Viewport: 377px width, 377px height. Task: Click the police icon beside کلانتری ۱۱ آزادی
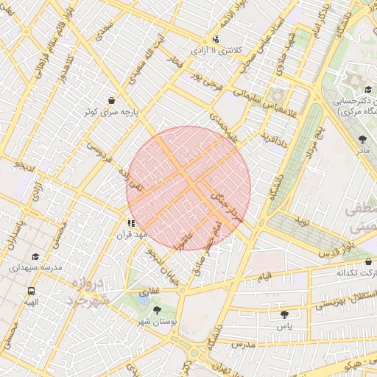(215, 39)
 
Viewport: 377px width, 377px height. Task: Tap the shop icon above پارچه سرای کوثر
(111, 99)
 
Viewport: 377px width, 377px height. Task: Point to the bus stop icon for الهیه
(31, 290)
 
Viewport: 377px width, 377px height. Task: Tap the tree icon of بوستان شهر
(157, 310)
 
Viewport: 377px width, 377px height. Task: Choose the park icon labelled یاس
(284, 314)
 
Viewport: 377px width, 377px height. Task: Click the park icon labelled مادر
(362, 138)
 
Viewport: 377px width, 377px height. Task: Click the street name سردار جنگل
(228, 205)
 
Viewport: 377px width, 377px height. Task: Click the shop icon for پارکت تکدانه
(367, 261)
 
